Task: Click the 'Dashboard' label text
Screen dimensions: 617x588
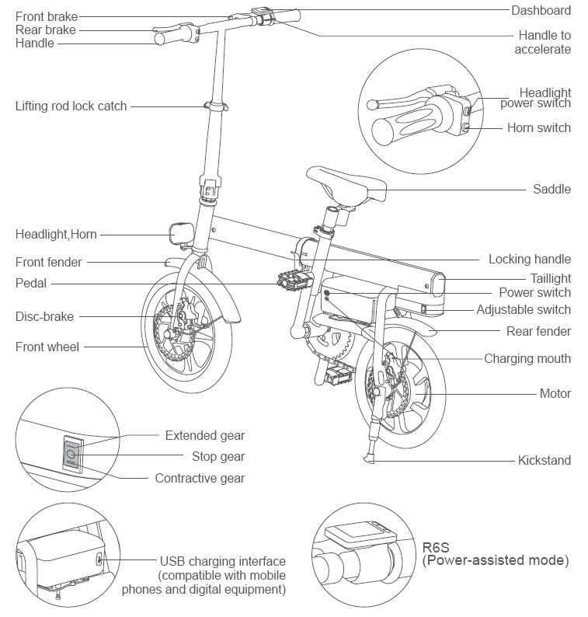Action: [541, 10]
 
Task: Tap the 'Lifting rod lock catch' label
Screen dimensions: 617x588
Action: [71, 106]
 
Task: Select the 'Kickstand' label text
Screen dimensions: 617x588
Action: [544, 460]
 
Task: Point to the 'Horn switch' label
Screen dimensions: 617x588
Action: [538, 127]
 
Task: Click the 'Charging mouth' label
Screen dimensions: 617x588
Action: [527, 358]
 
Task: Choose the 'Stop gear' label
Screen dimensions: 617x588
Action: [217, 456]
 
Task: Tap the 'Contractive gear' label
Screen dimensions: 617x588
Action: [200, 478]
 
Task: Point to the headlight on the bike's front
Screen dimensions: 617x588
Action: [181, 232]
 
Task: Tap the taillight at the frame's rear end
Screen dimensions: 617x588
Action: [438, 284]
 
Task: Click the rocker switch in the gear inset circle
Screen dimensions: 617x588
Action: [71, 454]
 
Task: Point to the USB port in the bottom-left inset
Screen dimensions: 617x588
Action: [99, 559]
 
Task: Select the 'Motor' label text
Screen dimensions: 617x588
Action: [555, 393]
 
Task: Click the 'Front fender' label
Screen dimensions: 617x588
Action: [48, 262]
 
